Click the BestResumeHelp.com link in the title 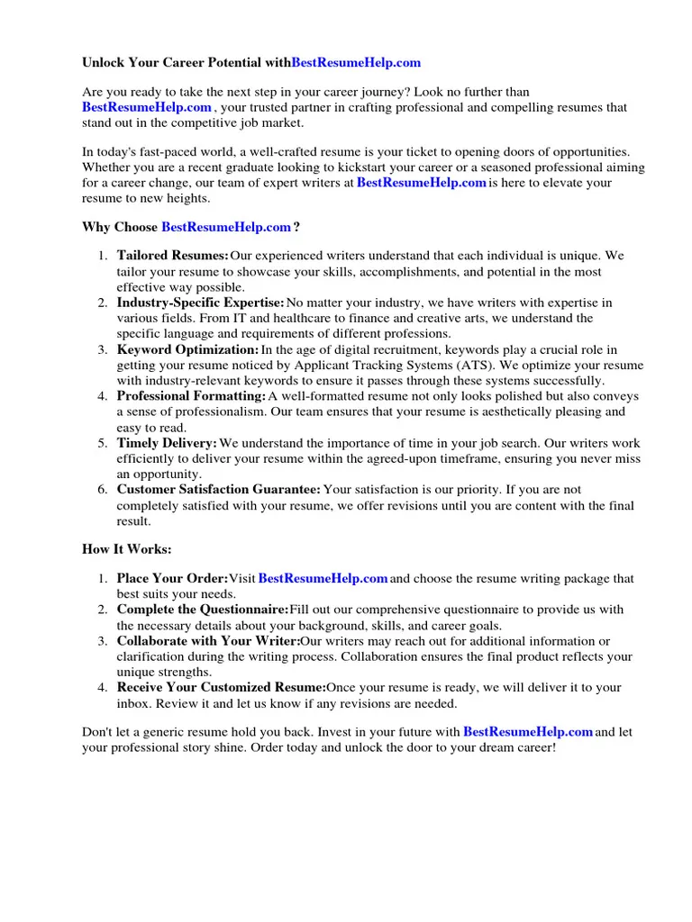[356, 63]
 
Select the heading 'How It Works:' [126, 549]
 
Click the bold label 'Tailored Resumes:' [173, 256]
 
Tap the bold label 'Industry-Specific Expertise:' [201, 303]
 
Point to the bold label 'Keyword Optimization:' [188, 349]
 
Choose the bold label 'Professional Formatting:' [192, 396]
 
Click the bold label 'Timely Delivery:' [168, 443]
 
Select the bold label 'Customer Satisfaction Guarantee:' [219, 490]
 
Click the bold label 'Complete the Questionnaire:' [203, 610]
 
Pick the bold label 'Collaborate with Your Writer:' [208, 641]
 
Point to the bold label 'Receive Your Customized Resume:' [222, 687]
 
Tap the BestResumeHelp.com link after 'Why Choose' [226, 227]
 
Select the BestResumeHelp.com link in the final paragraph [527, 732]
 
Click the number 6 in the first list [103, 490]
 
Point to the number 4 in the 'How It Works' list [103, 687]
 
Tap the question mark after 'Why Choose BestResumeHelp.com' [296, 227]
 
